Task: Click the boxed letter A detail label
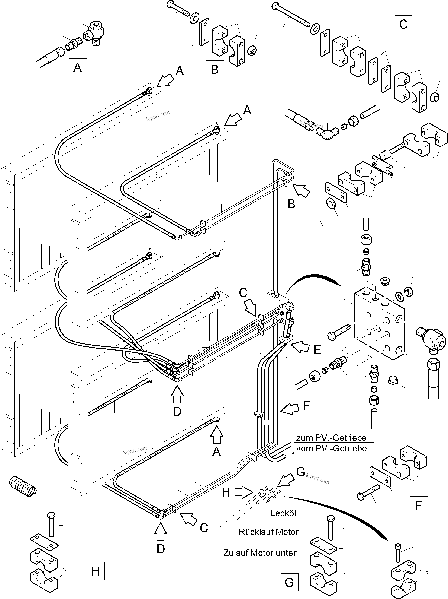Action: [78, 67]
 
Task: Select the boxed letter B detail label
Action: [215, 69]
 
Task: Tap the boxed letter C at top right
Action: [403, 24]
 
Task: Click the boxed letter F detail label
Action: [419, 505]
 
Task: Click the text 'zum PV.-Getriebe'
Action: [331, 438]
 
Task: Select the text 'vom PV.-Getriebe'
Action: [331, 449]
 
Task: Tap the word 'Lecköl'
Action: [283, 513]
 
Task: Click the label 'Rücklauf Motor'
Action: [268, 532]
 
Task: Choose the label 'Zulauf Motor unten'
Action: [260, 553]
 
